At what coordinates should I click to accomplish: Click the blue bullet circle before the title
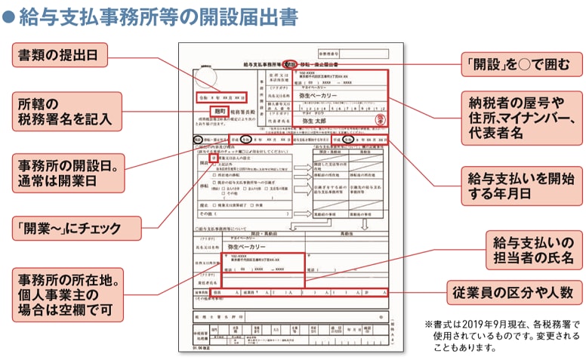point(8,17)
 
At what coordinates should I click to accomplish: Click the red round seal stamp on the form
point(381,118)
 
